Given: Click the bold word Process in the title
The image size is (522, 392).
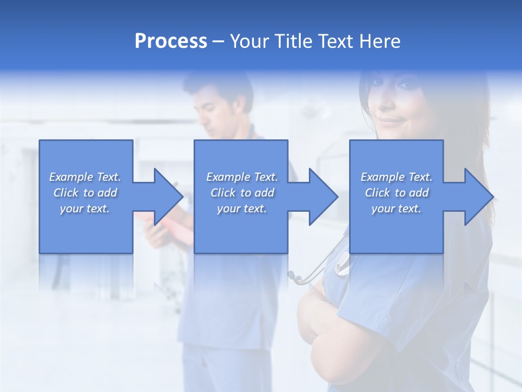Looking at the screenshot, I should (x=171, y=41).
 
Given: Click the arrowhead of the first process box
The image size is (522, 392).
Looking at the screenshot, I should (x=169, y=197).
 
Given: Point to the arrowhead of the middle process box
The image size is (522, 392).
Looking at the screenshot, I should (x=324, y=197).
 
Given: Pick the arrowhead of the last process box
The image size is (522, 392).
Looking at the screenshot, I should (x=479, y=197).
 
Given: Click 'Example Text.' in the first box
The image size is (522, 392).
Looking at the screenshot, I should (x=85, y=177).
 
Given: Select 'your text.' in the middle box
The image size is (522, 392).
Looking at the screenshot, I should (x=242, y=209).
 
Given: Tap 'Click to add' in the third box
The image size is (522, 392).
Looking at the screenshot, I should (x=396, y=193).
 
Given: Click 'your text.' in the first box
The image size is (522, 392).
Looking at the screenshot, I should (x=85, y=209).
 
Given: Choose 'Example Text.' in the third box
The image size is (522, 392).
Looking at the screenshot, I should (x=396, y=177).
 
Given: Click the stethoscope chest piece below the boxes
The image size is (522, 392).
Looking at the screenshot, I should (x=296, y=278).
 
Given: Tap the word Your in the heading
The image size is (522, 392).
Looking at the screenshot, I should (x=250, y=41).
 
